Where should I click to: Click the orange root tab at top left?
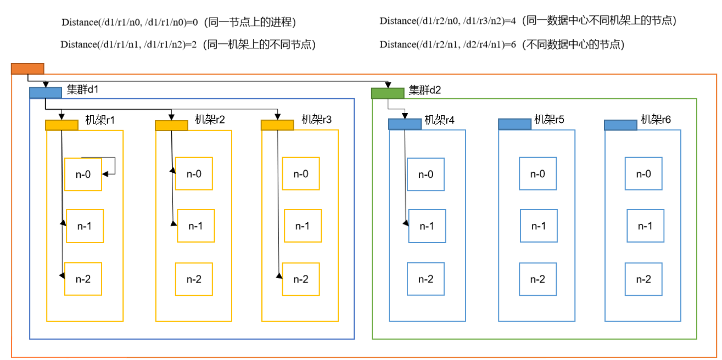coord(27,69)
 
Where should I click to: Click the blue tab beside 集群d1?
coord(45,93)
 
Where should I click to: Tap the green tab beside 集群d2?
coord(388,93)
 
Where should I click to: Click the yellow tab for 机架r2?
coord(171,126)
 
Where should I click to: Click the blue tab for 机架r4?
coord(405,124)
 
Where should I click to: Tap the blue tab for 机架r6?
coord(620,125)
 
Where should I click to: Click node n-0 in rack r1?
coord(83,174)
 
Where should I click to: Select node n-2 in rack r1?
coord(83,279)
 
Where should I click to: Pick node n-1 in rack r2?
coord(195,226)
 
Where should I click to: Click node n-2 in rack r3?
coord(300,279)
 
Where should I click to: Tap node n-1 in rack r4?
coord(427,226)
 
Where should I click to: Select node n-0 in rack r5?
coord(538,174)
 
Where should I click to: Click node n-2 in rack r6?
coord(644,279)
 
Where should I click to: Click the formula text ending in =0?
coord(130,22)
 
